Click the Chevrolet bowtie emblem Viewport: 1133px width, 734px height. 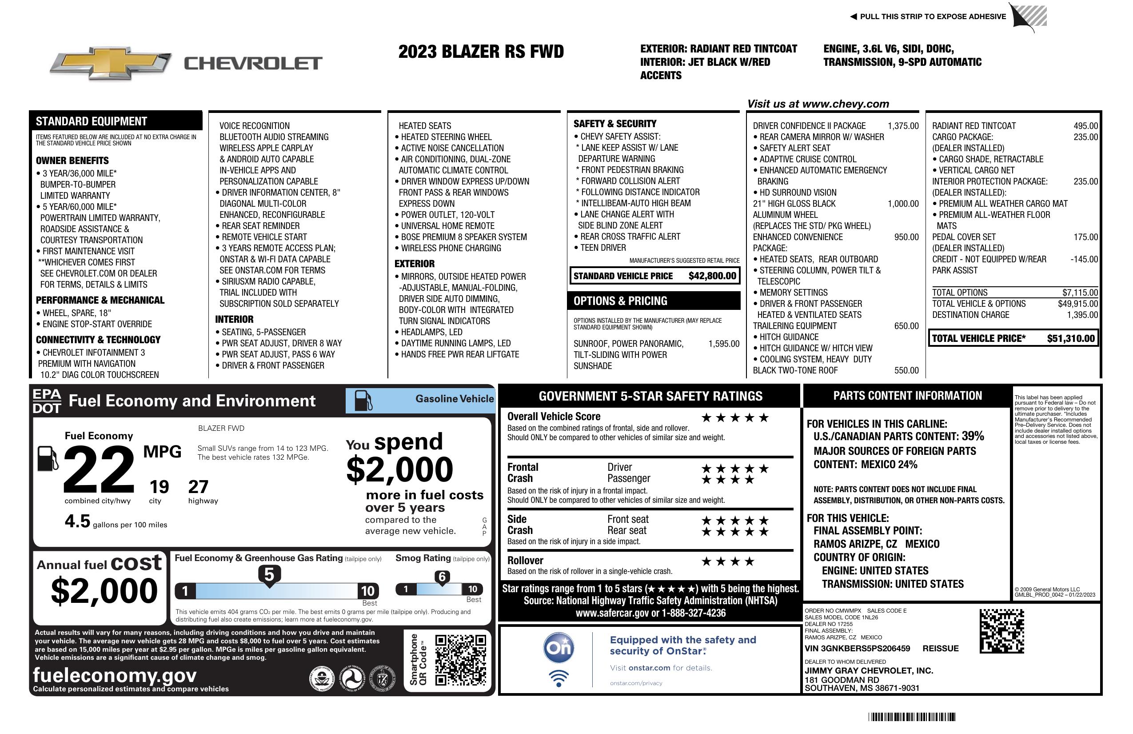click(111, 63)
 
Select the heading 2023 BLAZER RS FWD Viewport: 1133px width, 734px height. click(481, 52)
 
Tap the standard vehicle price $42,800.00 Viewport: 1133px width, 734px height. click(712, 276)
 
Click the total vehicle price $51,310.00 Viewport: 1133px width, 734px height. click(1071, 339)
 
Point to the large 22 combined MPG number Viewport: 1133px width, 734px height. click(99, 469)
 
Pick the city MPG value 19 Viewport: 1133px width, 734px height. click(159, 487)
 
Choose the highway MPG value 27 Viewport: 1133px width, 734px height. click(198, 487)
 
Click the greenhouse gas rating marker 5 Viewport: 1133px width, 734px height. click(269, 575)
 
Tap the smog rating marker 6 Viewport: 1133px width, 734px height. click(442, 577)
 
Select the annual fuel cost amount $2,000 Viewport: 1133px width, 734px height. click(104, 591)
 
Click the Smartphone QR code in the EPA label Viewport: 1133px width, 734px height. click(460, 659)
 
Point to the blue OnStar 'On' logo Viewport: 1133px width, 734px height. click(559, 647)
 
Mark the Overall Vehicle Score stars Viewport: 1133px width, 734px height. click(735, 418)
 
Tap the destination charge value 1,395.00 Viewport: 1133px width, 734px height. click(1082, 315)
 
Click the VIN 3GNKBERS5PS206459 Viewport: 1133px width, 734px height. click(857, 648)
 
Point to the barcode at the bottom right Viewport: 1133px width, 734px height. click(912, 717)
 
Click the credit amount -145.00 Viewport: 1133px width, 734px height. click(1084, 259)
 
